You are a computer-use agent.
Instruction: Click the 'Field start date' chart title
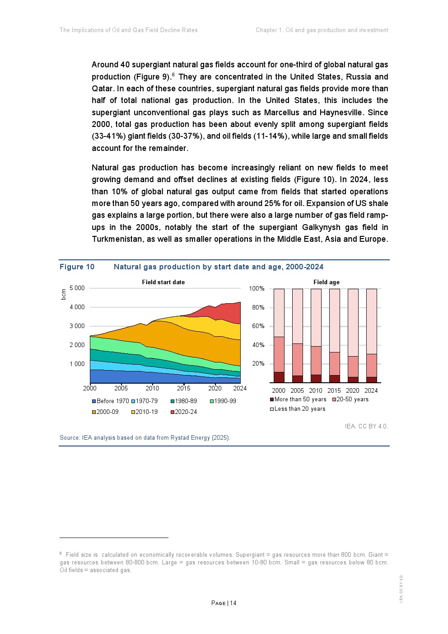pos(163,282)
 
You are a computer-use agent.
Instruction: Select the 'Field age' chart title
pos(326,282)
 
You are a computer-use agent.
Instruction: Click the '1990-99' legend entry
pos(223,401)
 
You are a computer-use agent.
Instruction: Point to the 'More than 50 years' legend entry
pos(298,399)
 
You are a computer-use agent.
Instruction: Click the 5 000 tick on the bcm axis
pos(77,288)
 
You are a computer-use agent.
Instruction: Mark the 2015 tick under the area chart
pos(183,388)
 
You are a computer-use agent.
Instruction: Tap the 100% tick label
pos(257,288)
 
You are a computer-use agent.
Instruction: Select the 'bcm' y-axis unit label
pos(64,294)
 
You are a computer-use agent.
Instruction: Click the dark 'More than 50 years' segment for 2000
pos(279,377)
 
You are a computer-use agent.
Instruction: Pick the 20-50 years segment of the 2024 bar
pos(371,365)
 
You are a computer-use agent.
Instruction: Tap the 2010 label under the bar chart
pos(316,390)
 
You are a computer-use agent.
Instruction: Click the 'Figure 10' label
pos(77,267)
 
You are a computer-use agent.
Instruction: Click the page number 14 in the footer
pos(233,603)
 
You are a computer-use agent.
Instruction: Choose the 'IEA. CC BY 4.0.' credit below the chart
pos(366,426)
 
